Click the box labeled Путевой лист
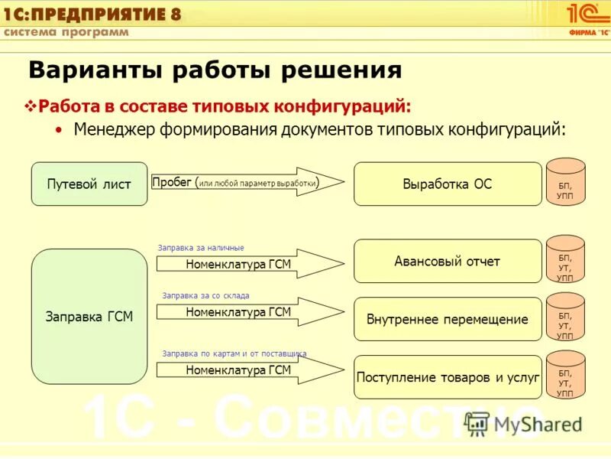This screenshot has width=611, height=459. coord(89,184)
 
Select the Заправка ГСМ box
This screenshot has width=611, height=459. coord(89,317)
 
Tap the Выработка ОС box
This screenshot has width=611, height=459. coord(447,184)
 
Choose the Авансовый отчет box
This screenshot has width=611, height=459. coord(447,262)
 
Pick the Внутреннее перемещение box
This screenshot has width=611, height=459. coord(447,320)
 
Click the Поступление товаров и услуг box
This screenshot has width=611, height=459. coord(447,377)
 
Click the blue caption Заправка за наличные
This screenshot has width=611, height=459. coord(201,248)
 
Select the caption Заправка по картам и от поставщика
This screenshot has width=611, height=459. coord(234,353)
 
